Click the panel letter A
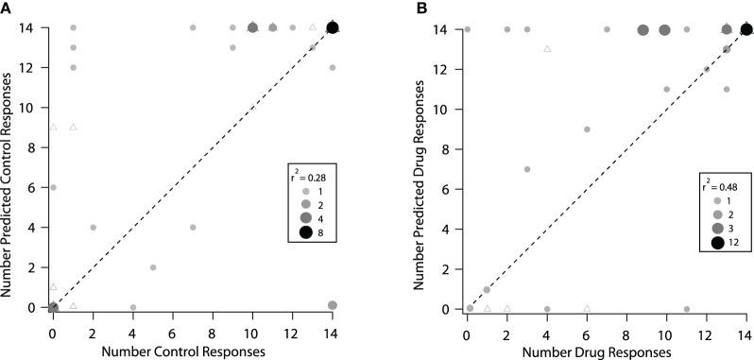(x=7, y=8)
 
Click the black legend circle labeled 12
(x=718, y=244)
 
